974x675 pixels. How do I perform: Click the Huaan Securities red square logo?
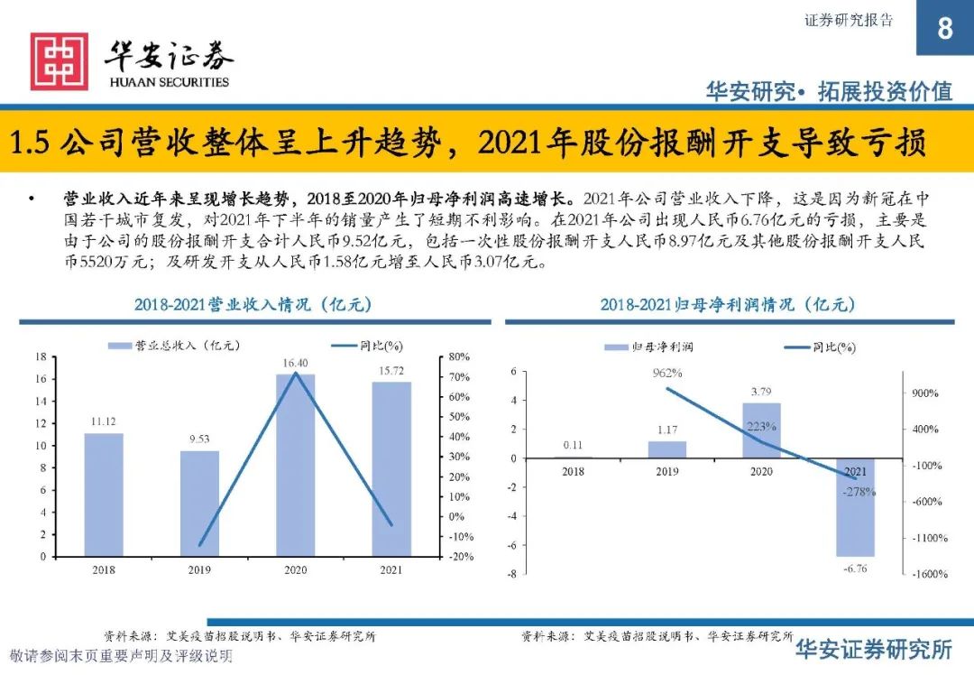[x=60, y=61]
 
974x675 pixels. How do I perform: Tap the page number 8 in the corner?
[x=944, y=29]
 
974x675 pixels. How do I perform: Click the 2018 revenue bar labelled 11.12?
[x=104, y=495]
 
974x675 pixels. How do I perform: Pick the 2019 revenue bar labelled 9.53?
[x=199, y=503]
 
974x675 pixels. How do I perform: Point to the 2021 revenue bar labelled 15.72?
[x=391, y=468]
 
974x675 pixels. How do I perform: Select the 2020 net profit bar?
[x=761, y=430]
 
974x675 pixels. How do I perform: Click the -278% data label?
[x=858, y=492]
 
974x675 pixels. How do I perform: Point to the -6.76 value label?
[x=855, y=569]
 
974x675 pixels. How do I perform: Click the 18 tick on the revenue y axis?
[x=41, y=357]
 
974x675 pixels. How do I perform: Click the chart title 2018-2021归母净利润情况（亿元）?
[x=728, y=305]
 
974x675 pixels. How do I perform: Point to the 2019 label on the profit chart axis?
[x=666, y=471]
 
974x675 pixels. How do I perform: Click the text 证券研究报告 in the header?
[x=848, y=21]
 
